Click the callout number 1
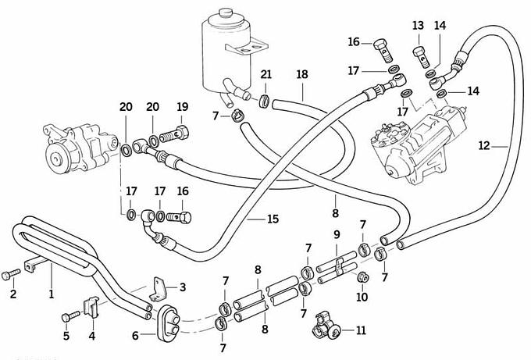point(52,294)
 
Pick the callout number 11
point(360,330)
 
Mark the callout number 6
point(136,335)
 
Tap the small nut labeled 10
point(362,278)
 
